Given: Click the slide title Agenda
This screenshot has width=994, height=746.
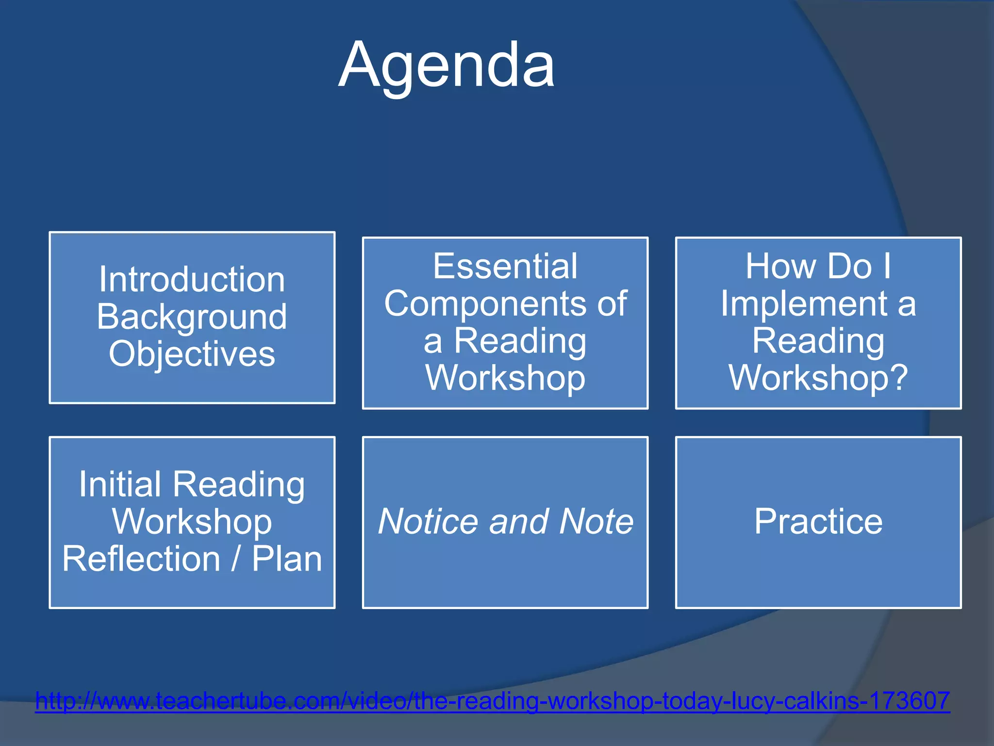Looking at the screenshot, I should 447,66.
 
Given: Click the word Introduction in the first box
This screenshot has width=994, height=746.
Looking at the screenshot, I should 192,280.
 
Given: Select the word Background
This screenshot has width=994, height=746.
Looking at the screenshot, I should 192,317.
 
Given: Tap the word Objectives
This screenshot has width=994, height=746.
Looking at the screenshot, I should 192,354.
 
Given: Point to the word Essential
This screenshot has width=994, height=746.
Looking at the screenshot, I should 505,266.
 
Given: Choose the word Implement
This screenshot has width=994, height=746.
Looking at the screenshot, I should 803,304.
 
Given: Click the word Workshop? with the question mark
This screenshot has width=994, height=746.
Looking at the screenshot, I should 818,377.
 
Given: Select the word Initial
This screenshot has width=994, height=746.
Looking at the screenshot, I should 120,484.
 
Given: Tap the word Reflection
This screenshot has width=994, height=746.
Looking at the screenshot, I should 141,559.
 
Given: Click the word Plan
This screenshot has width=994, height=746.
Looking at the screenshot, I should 287,559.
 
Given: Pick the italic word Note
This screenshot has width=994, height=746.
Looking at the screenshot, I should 596,522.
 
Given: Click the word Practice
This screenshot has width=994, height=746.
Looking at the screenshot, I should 818,522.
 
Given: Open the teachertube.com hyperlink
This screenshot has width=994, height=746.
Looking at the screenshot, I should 492,701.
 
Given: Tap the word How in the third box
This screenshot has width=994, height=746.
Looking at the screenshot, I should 779,266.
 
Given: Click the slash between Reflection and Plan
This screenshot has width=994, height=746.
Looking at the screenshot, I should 236,559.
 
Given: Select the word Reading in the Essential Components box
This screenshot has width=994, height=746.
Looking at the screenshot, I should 520,340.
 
